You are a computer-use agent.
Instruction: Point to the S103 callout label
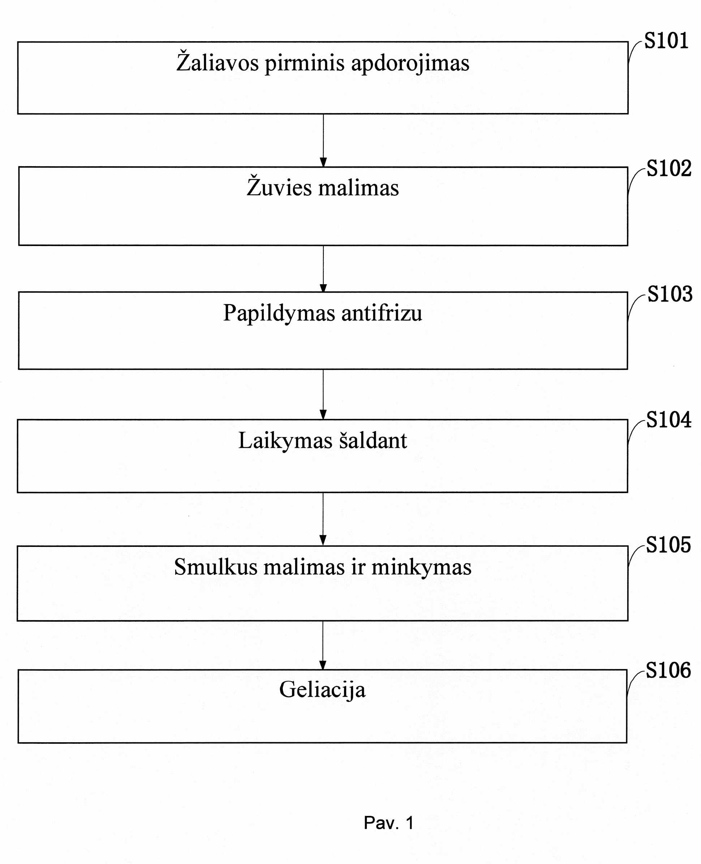click(670, 294)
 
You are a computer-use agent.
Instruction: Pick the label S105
click(668, 545)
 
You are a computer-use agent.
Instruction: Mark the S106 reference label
click(668, 670)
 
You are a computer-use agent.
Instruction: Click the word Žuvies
click(279, 186)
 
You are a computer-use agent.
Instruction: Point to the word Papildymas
click(279, 313)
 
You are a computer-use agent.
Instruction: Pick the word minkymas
click(421, 567)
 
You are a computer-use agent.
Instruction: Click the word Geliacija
click(322, 689)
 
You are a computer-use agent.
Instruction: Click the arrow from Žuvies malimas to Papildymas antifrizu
click(323, 269)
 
